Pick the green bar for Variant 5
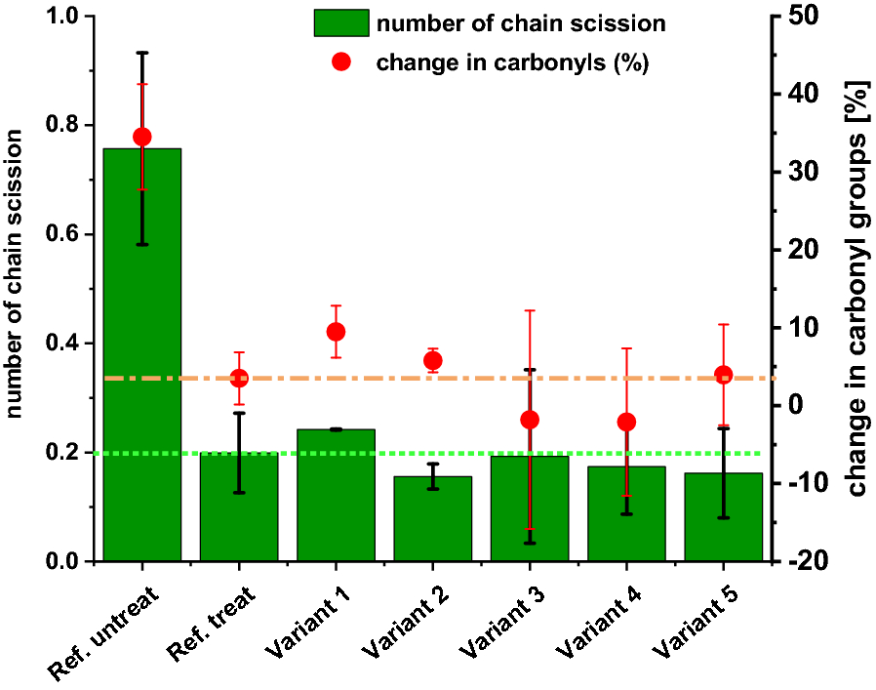723,522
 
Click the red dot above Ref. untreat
141,137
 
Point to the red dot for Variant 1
336,332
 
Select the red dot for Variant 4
626,422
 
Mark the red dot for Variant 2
432,361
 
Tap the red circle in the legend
341,62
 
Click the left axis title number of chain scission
17,289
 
